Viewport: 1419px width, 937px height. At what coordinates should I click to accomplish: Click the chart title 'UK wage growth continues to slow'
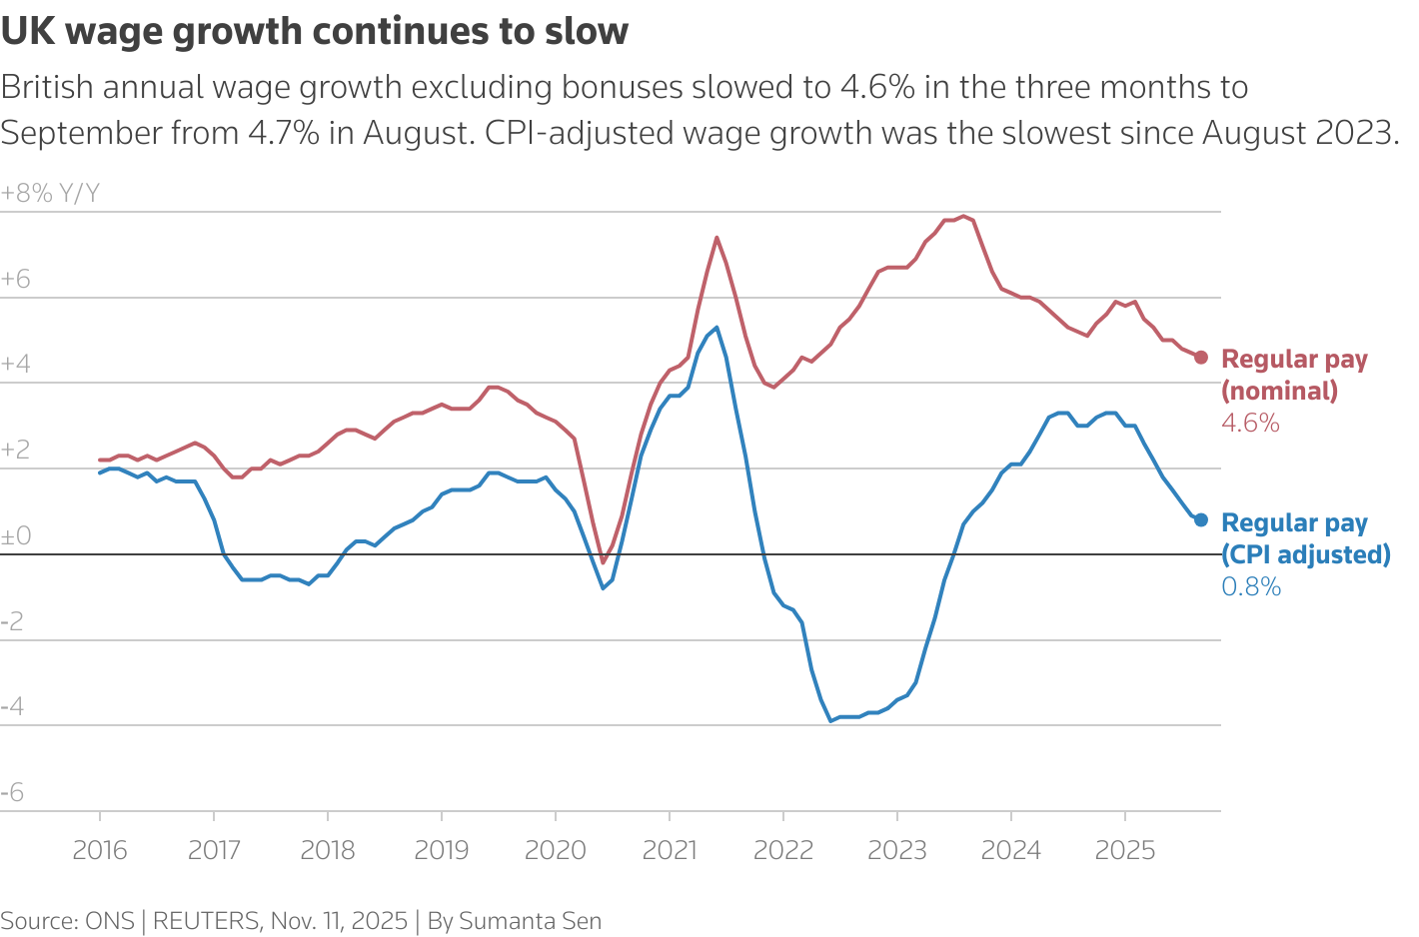(x=315, y=32)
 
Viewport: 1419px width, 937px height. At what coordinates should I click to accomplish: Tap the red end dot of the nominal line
(x=1201, y=357)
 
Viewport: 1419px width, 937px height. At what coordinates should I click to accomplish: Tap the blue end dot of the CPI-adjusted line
(x=1201, y=519)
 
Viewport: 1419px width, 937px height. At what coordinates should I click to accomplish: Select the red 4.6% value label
(x=1250, y=424)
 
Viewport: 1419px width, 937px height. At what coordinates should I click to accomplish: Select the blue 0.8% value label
(x=1251, y=587)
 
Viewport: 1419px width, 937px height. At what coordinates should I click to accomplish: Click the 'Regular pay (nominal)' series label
(x=1294, y=375)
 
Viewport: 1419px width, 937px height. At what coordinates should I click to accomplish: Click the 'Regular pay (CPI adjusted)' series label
(x=1305, y=538)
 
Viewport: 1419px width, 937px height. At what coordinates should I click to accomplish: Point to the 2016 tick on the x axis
(x=100, y=850)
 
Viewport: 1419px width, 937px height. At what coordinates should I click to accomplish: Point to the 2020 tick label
(x=556, y=850)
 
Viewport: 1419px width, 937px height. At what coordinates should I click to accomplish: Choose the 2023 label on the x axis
(x=897, y=850)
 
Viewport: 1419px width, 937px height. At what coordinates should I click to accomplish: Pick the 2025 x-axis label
(x=1125, y=850)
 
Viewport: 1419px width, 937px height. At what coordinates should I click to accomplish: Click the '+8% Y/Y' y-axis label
(x=51, y=194)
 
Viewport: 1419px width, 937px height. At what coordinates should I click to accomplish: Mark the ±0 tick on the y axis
(x=16, y=536)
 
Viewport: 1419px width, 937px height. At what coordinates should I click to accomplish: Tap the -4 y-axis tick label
(x=13, y=707)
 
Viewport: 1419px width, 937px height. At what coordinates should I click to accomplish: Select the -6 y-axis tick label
(x=13, y=793)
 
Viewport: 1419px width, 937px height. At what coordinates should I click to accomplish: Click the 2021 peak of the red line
(x=716, y=238)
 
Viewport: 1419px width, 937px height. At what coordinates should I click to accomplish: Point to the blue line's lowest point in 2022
(x=830, y=720)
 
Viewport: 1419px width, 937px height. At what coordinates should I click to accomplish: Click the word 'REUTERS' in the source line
(x=205, y=921)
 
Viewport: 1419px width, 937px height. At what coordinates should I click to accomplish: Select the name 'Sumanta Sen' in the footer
(x=530, y=921)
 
